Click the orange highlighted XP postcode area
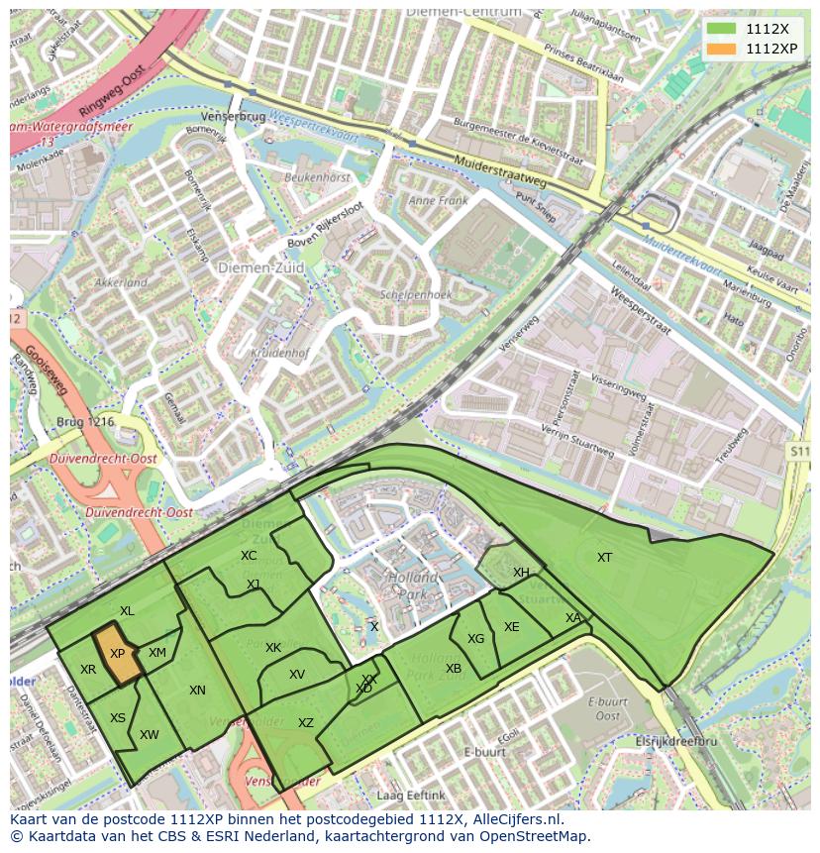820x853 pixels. (x=118, y=655)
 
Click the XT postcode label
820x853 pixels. (x=604, y=558)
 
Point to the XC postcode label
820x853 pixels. (x=249, y=556)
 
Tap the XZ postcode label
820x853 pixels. (x=306, y=723)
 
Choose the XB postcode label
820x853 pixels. (x=454, y=669)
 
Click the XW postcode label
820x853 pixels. (x=150, y=735)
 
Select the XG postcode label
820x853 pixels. (x=476, y=639)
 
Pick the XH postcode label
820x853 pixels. (x=521, y=573)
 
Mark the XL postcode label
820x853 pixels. (x=127, y=611)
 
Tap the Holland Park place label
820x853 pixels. (x=412, y=586)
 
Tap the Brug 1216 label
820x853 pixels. (x=87, y=421)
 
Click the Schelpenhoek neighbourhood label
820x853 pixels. (x=416, y=295)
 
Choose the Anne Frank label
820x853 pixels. (x=437, y=200)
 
